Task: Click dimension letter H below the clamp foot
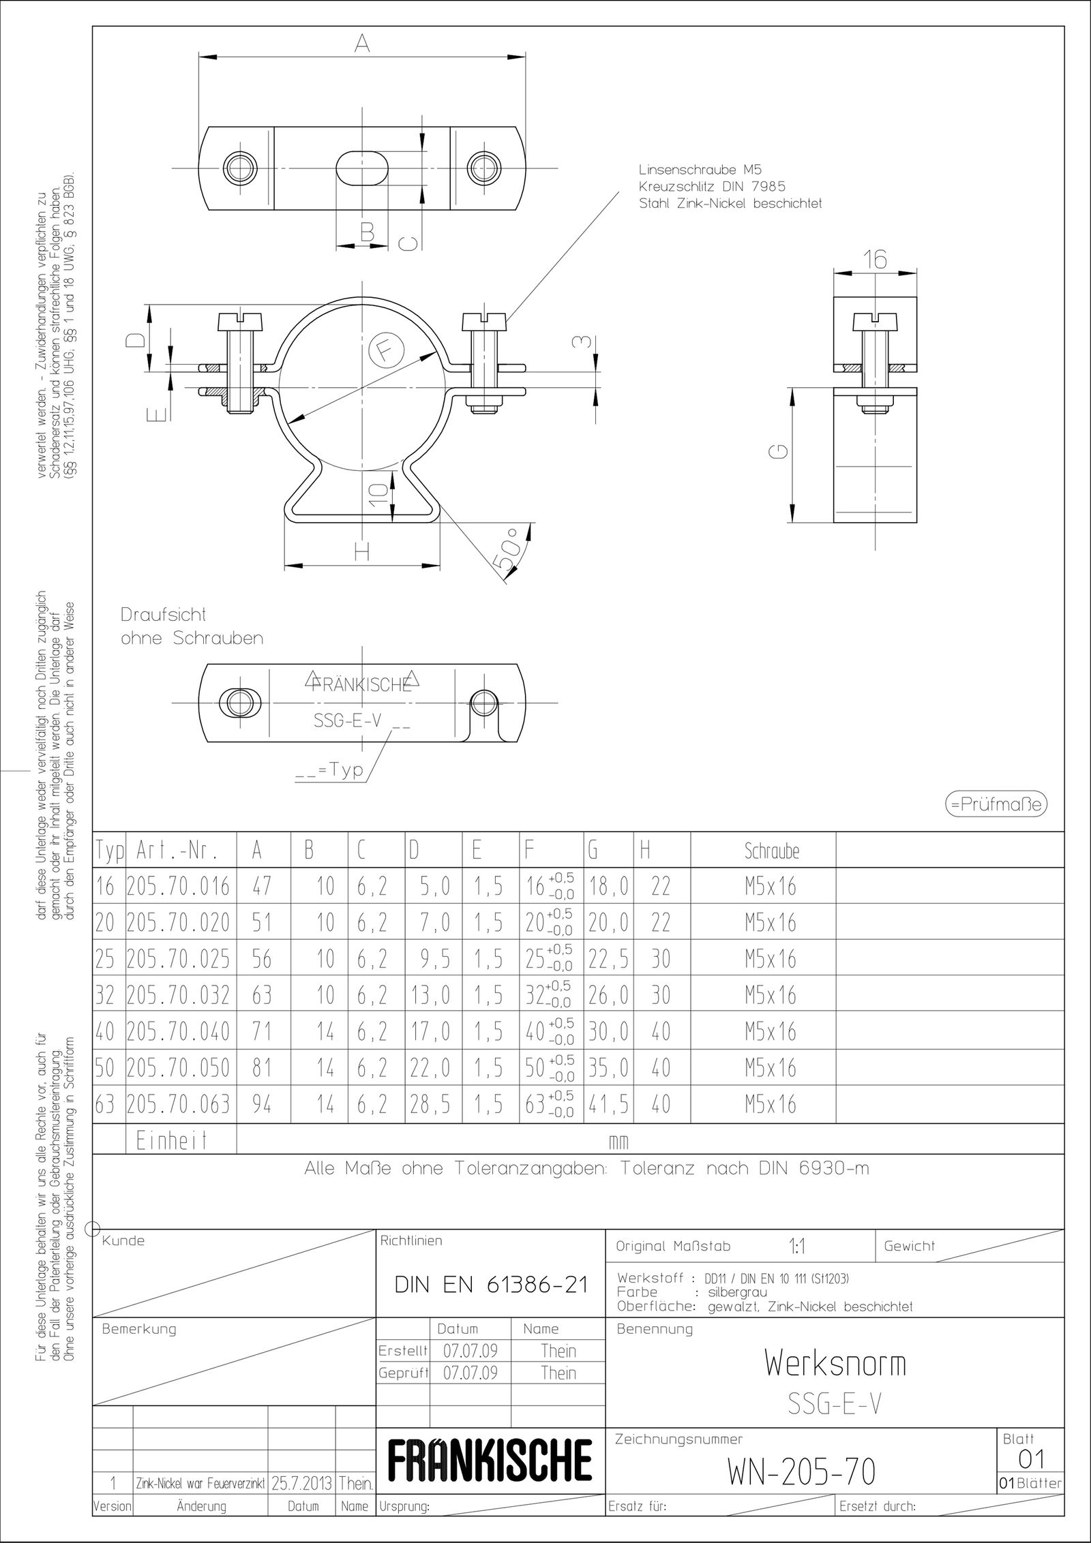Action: tap(362, 551)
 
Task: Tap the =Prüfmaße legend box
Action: tap(996, 804)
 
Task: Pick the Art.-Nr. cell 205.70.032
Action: tap(179, 996)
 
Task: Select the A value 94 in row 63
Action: tap(262, 1104)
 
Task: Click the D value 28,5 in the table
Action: tap(430, 1104)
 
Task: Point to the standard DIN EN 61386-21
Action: tap(491, 1285)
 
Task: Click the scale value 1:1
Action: tap(796, 1247)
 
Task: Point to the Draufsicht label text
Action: tap(164, 614)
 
